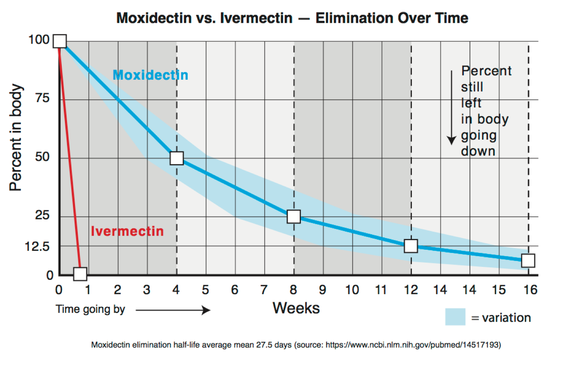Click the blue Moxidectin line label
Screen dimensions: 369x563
coord(150,75)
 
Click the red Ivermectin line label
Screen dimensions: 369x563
coord(127,231)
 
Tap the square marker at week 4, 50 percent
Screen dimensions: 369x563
coord(177,158)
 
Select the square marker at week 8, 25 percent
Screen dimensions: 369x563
coord(294,217)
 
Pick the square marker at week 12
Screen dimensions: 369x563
coord(411,246)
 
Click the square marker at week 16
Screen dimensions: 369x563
coord(528,261)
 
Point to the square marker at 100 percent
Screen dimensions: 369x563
coord(60,41)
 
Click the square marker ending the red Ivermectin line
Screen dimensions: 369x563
coord(80,274)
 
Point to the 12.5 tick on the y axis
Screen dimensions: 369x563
coord(37,247)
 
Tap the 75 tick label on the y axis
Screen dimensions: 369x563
coord(42,98)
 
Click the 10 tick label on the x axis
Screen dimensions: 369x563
coord(352,290)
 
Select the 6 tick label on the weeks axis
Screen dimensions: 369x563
coord(235,290)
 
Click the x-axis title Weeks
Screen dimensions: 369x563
coord(296,308)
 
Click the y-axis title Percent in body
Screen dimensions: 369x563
coord(16,137)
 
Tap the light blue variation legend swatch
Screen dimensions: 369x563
coord(455,317)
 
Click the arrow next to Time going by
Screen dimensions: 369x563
coord(173,310)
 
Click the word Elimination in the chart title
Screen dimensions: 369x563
coord(352,18)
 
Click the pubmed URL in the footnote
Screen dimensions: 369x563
coord(413,345)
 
